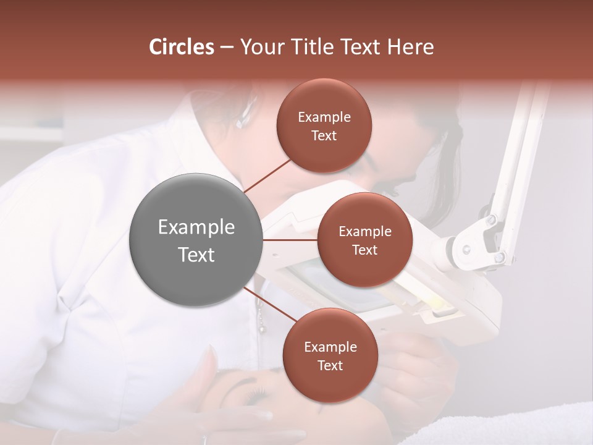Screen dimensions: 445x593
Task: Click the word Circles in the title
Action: point(181,47)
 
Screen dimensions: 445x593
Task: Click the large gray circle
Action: point(195,240)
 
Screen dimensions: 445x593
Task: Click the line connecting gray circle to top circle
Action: point(267,176)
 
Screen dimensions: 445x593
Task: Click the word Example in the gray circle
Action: point(196,227)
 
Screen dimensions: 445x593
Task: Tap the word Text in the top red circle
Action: point(324,135)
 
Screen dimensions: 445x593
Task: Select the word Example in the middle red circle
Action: point(364,232)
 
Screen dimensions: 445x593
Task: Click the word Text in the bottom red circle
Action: point(330,365)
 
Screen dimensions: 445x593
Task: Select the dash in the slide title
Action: point(226,47)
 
